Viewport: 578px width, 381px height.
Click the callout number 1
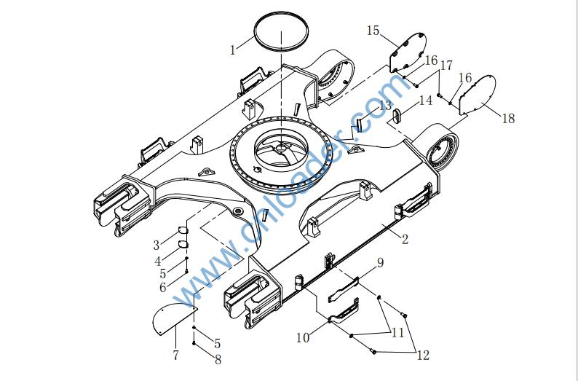[233, 50]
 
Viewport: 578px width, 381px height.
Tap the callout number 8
[379, 262]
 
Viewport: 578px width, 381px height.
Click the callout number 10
[397, 333]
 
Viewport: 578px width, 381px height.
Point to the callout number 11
[423, 355]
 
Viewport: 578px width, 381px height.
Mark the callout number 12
[385, 106]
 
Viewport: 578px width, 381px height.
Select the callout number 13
[425, 100]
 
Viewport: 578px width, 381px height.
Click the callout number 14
[373, 31]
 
